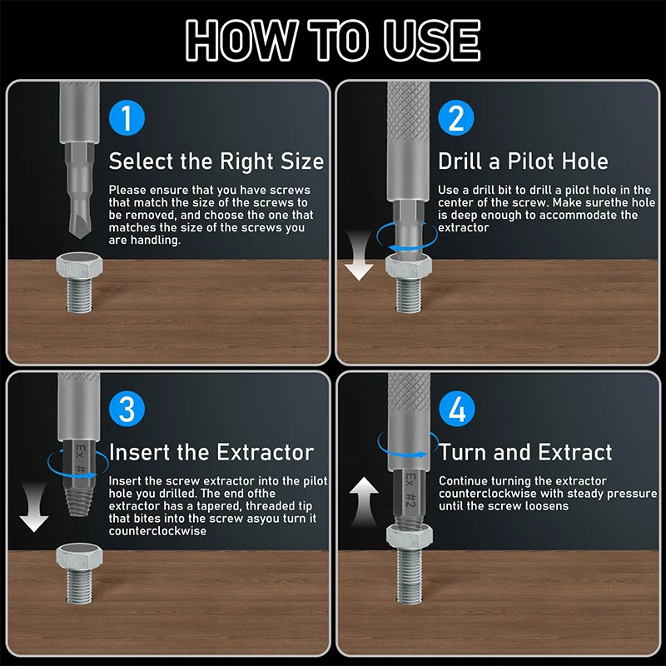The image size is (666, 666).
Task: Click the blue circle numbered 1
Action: click(x=127, y=117)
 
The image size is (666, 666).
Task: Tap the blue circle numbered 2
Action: click(x=456, y=117)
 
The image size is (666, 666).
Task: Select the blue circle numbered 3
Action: click(x=127, y=409)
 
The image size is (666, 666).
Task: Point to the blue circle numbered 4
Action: click(x=456, y=409)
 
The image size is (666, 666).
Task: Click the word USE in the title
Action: click(x=431, y=40)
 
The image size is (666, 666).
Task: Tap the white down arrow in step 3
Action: click(x=34, y=508)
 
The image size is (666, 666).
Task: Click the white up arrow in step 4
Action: click(x=364, y=501)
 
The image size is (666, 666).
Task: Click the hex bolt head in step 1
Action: click(x=79, y=265)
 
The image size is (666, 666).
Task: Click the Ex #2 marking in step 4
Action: click(x=410, y=490)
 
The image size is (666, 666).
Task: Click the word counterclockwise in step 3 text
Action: click(x=157, y=531)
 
